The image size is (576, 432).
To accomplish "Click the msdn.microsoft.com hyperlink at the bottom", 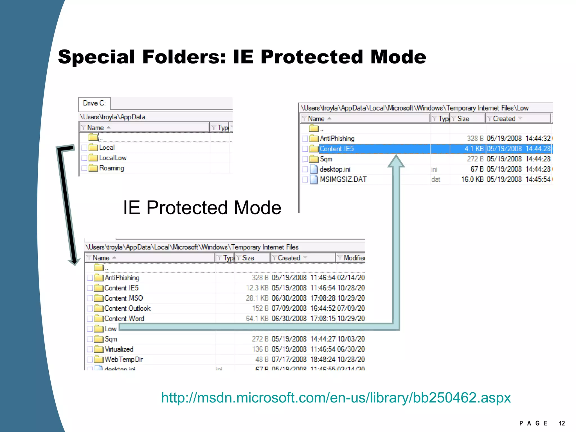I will click(336, 398).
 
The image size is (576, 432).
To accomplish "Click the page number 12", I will click(562, 423).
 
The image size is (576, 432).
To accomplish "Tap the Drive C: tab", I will click(94, 103).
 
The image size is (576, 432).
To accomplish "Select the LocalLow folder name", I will click(113, 158).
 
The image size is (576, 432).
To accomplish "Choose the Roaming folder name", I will click(112, 168).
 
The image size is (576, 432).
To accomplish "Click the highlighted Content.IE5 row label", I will click(337, 149).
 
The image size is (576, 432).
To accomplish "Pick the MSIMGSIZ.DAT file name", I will click(343, 179).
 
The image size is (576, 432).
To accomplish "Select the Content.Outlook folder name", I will click(127, 309).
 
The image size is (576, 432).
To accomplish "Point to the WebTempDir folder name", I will click(124, 359).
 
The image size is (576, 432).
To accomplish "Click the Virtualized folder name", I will click(119, 349).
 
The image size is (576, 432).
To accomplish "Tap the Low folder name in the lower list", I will click(111, 329).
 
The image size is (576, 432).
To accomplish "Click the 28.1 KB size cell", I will click(257, 298).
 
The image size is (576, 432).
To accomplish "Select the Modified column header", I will click(354, 258).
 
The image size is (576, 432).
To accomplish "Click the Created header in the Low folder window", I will click(504, 119).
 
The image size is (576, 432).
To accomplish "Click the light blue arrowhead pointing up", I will click(396, 161).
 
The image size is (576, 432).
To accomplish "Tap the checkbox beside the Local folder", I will click(84, 148).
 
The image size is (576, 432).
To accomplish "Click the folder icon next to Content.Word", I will click(99, 319).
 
